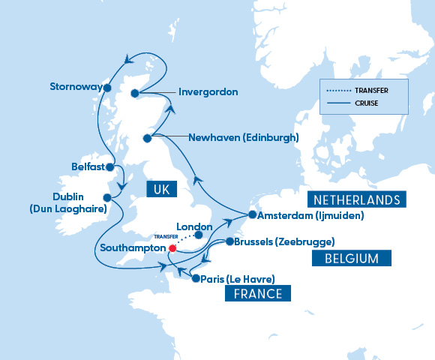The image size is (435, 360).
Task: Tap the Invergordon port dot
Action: pos(135,93)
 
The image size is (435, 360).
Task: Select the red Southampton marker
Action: pos(172,247)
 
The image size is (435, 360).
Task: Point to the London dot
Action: pos(199,235)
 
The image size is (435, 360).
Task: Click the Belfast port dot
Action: pos(110,167)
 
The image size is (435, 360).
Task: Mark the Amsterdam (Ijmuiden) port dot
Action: pos(252,215)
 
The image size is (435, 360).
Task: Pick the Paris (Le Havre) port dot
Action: pos(196,278)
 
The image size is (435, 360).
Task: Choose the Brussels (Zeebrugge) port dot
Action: pos(229,241)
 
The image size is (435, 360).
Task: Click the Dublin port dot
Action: pos(107,198)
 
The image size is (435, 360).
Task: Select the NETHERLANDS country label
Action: pos(356,199)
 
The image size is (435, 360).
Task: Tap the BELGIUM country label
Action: pos(351,258)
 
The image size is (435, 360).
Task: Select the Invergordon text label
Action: pos(208,92)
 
